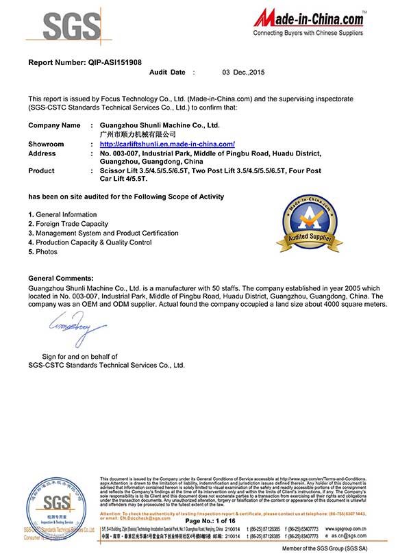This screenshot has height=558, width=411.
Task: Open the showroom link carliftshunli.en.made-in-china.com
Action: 167,144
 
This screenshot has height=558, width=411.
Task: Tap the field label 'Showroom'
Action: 46,144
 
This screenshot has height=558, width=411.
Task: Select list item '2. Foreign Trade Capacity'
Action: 68,224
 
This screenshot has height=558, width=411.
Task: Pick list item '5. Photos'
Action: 43,252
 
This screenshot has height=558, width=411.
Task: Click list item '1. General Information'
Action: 62,215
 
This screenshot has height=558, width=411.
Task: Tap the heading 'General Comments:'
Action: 61,278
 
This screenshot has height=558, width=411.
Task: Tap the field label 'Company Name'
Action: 54,125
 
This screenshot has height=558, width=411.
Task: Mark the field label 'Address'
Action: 42,153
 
